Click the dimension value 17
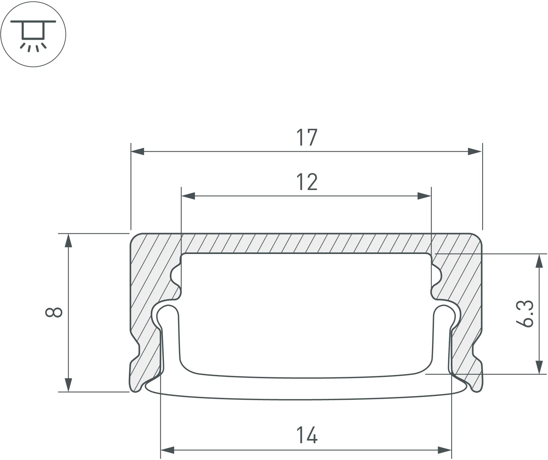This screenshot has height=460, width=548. pos(307,137)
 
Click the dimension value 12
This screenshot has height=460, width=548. pos(307,182)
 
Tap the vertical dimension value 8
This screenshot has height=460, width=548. pos(54,313)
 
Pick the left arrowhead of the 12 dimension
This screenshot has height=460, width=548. pos(188,196)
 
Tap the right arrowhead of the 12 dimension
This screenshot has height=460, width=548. pos(424,196)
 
